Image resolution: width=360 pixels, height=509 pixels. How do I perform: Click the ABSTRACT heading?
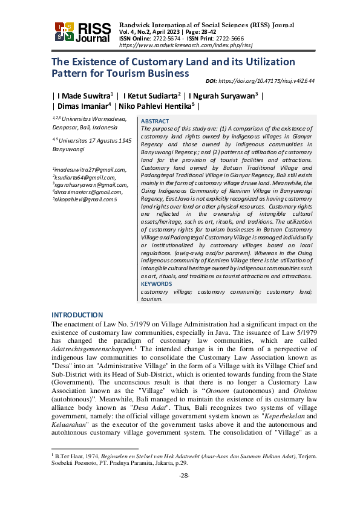[155, 121]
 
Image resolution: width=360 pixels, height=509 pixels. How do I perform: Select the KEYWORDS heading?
[157, 284]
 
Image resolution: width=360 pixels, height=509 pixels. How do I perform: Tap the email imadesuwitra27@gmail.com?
[89, 170]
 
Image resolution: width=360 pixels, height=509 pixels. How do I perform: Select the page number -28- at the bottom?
[185, 492]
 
